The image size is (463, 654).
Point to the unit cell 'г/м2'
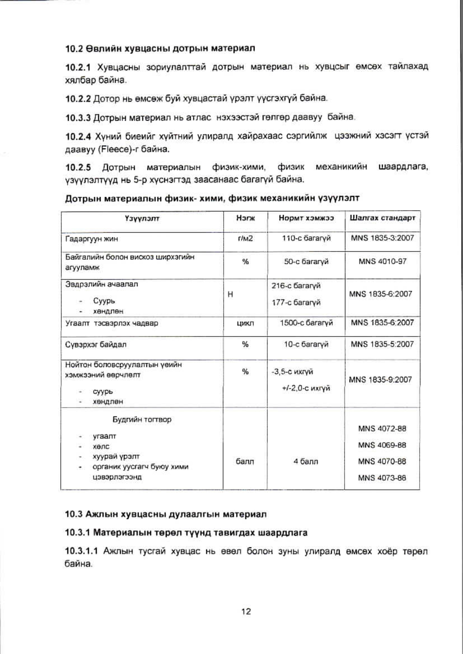[x=245, y=238]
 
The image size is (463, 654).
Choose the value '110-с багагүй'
[x=306, y=238]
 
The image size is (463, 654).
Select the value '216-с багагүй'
[x=296, y=285]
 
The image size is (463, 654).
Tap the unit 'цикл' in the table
[x=245, y=323]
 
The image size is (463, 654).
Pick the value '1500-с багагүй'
[x=306, y=323]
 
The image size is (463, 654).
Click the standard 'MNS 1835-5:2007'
[x=382, y=344]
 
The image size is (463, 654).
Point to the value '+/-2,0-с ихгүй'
[x=306, y=388]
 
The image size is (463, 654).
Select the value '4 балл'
[x=306, y=461]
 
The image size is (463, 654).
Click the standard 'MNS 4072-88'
[x=382, y=428]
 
